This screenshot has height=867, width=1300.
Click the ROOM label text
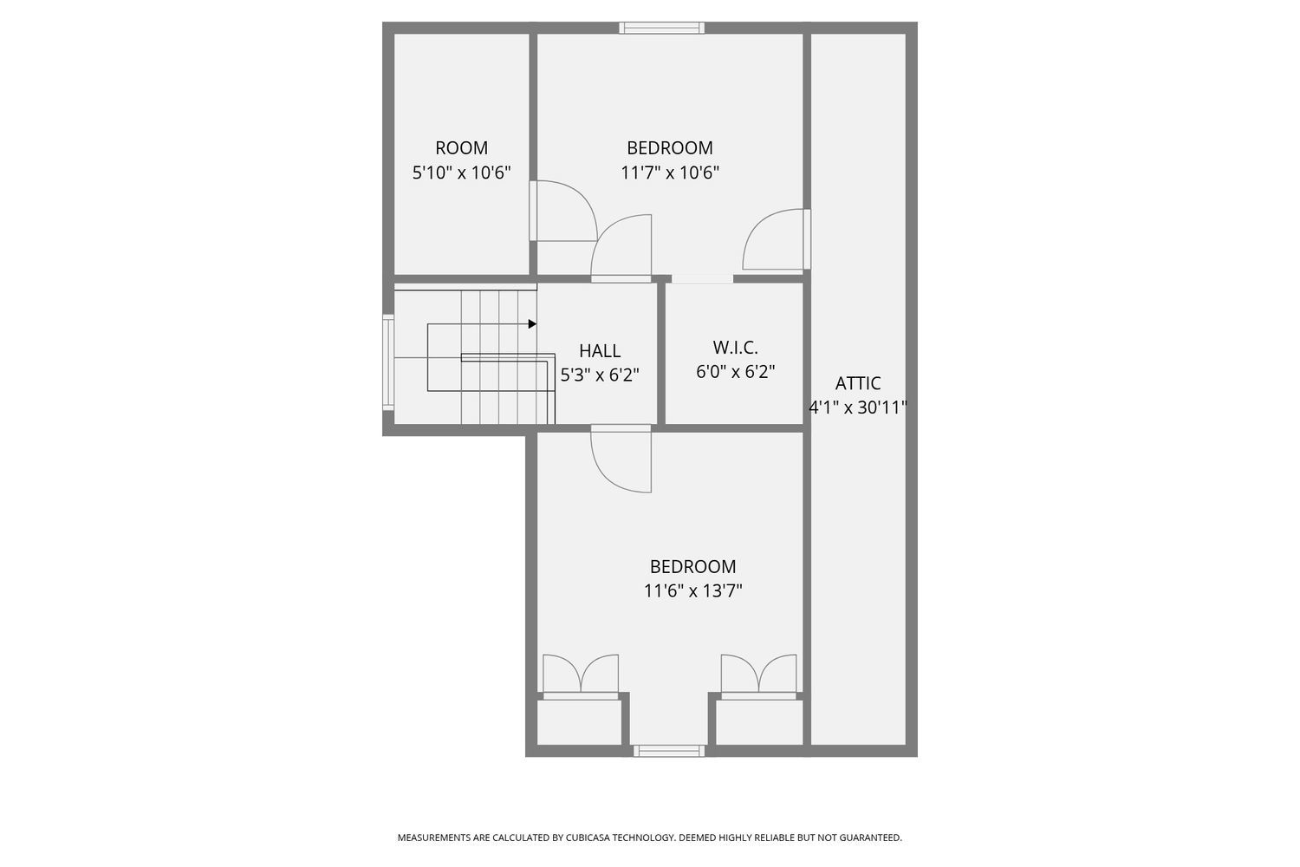coord(461,148)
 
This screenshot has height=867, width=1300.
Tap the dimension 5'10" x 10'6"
coord(461,173)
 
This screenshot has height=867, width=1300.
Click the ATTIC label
coord(858,383)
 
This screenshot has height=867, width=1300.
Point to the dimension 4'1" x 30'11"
coord(858,407)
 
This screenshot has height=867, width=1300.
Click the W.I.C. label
coord(735,348)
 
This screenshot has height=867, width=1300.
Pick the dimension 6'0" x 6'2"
coord(735,372)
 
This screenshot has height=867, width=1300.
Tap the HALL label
coord(600,351)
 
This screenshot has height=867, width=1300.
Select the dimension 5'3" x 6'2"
coord(600,375)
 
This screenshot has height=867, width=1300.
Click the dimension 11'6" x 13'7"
coord(692,591)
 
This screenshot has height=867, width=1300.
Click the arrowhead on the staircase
coord(532,324)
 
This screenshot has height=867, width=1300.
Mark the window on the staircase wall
coord(388,362)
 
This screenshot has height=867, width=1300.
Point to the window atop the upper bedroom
coord(662,28)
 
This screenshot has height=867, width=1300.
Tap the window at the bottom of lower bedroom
coord(668,751)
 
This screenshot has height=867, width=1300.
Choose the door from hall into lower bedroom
coord(621,459)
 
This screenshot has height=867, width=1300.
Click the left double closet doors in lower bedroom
coord(581,676)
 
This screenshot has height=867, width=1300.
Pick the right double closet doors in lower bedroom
coord(758,676)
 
